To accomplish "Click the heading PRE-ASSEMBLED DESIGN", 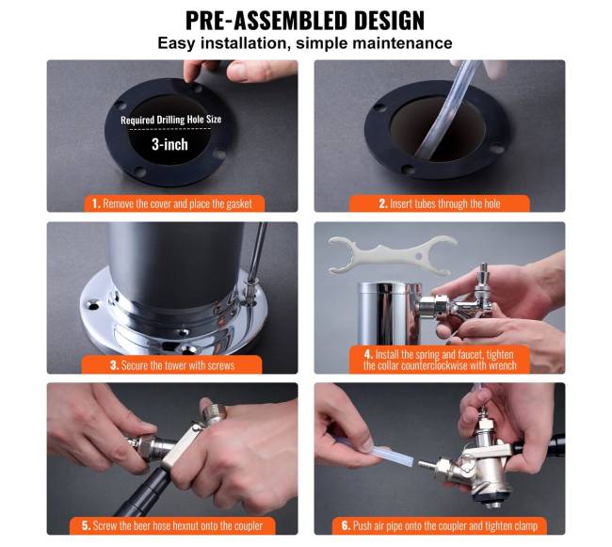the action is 305,21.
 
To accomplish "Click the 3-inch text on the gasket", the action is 169,144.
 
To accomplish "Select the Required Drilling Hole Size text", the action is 171,120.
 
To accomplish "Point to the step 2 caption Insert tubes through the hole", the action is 440,203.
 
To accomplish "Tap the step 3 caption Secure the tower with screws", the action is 172,365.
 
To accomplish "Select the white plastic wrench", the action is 392,255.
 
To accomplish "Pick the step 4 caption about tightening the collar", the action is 440,360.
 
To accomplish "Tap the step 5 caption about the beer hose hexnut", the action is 172,525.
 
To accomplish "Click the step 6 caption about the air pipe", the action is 440,525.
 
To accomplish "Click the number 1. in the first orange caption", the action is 96,203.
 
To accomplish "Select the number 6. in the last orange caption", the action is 346,525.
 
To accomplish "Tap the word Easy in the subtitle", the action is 176,43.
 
